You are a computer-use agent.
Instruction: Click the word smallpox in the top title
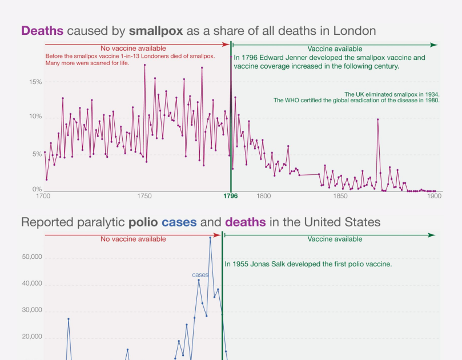tap(156, 31)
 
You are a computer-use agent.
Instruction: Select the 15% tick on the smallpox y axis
tap(35, 82)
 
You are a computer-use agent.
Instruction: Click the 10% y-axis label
tap(35, 117)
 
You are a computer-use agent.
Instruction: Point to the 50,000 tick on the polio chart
tap(31, 257)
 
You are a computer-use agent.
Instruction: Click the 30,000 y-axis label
tap(31, 311)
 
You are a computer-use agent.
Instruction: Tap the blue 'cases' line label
tap(200, 275)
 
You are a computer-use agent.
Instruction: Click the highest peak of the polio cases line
tap(210, 237)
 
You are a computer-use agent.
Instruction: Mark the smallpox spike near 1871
tap(377, 119)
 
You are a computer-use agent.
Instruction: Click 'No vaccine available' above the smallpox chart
tap(133, 49)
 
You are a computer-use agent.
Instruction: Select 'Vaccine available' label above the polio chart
tap(335, 239)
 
